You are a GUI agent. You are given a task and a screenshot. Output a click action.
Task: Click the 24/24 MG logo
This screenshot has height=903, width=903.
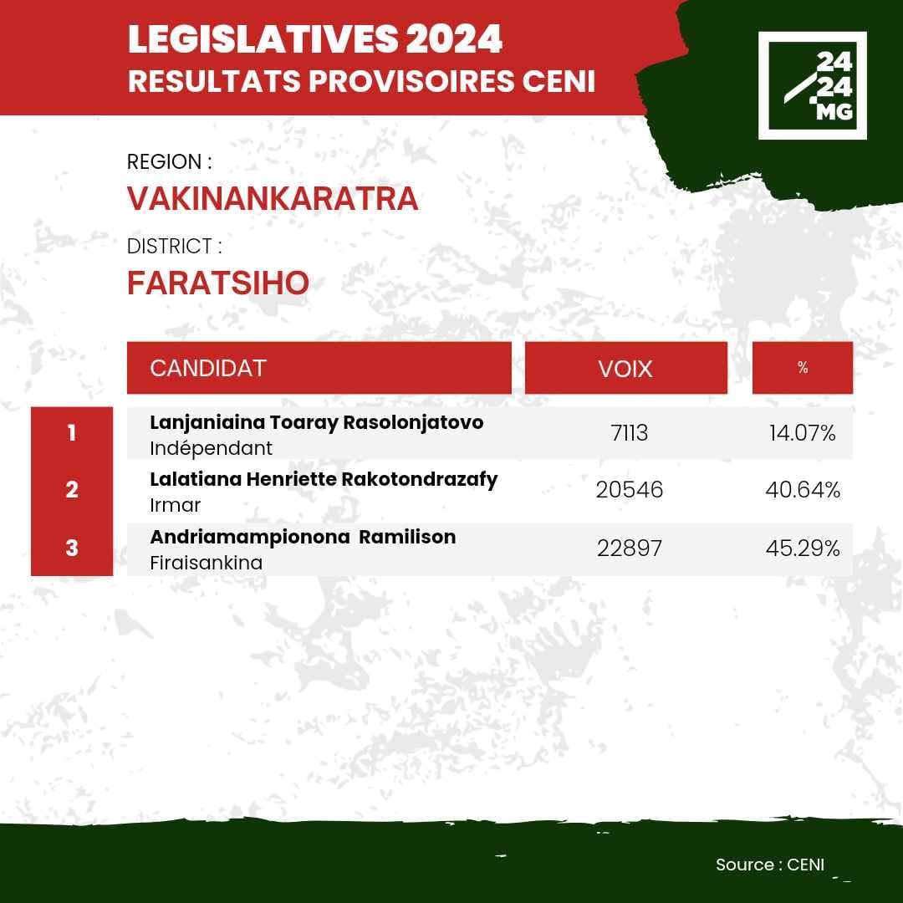[x=812, y=85]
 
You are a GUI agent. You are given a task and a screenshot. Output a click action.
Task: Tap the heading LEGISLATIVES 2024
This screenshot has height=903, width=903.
[x=315, y=39]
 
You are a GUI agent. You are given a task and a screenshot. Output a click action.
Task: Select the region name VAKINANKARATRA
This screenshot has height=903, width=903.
[x=273, y=199]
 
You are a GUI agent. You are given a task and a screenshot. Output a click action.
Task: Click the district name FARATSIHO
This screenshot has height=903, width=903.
[x=218, y=283]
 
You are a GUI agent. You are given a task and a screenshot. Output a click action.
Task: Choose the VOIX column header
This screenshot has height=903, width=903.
[x=626, y=368]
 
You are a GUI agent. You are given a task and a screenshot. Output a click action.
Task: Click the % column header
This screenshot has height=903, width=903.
[x=802, y=368]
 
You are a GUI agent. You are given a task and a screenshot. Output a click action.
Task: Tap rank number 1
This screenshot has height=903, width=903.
[x=72, y=432]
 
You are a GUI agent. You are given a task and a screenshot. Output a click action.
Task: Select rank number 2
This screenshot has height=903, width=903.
[x=72, y=489]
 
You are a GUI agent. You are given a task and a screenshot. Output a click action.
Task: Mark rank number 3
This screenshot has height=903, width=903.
[x=72, y=547]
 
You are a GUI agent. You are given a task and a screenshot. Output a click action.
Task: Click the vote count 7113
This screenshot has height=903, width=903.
[x=630, y=433]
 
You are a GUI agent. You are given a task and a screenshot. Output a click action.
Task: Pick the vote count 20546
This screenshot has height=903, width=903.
[x=630, y=490]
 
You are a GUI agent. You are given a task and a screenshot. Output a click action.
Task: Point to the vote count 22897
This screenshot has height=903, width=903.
[x=630, y=548]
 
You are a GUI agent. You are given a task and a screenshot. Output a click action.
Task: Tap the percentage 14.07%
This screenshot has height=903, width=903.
[x=802, y=433]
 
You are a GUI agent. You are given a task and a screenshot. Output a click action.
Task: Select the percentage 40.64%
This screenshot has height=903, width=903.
[x=803, y=490]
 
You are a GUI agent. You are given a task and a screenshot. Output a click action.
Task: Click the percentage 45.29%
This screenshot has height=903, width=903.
[x=803, y=548]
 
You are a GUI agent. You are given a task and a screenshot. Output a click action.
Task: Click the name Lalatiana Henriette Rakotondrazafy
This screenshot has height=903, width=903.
[x=324, y=480]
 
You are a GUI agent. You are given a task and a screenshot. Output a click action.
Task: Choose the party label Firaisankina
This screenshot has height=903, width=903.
[x=207, y=563]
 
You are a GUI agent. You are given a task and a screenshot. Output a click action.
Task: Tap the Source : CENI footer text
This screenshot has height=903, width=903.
[x=770, y=865]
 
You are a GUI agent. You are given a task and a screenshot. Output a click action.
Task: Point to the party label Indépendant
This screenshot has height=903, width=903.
[x=211, y=448]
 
